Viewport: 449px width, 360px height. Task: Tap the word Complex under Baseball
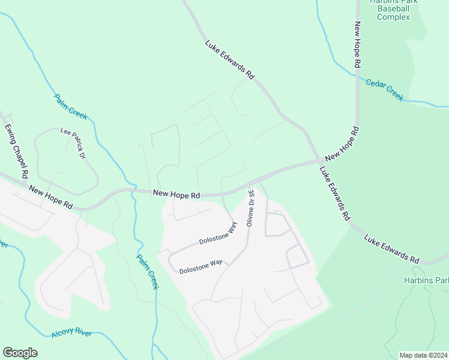click(393, 17)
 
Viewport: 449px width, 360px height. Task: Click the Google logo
click(20, 353)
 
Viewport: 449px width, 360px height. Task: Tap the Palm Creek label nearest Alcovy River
click(147, 271)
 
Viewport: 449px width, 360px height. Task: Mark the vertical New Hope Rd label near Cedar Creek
click(357, 44)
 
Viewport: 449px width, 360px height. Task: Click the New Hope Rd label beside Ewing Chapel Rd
click(51, 197)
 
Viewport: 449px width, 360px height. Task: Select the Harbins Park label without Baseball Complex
click(427, 280)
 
